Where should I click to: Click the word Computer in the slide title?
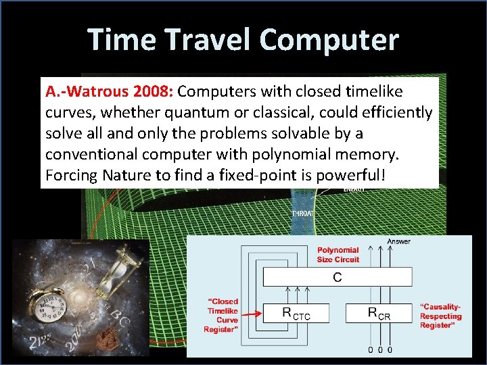(329, 40)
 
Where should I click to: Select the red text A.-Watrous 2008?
(110, 91)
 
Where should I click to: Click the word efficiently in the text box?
(396, 112)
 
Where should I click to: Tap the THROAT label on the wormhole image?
(302, 214)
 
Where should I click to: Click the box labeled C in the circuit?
(337, 277)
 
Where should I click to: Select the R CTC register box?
(296, 312)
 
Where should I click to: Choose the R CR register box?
(378, 312)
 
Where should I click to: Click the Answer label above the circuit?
(398, 241)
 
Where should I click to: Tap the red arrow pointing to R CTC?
(251, 313)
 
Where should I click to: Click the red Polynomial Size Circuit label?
(338, 255)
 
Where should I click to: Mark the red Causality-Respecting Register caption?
(440, 316)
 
